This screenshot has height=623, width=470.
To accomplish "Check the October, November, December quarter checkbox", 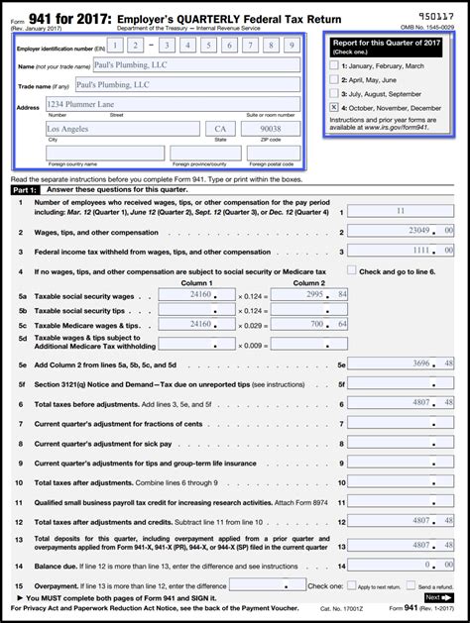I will [x=333, y=106].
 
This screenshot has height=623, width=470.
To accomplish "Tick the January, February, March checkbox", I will [x=333, y=64].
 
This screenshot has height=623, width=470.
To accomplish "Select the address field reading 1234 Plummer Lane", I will [x=173, y=104].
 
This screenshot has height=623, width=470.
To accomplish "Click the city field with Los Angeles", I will [x=122, y=129].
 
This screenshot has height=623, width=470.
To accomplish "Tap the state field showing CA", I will [x=218, y=129].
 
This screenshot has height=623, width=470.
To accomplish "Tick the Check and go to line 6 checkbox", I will [x=352, y=269].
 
